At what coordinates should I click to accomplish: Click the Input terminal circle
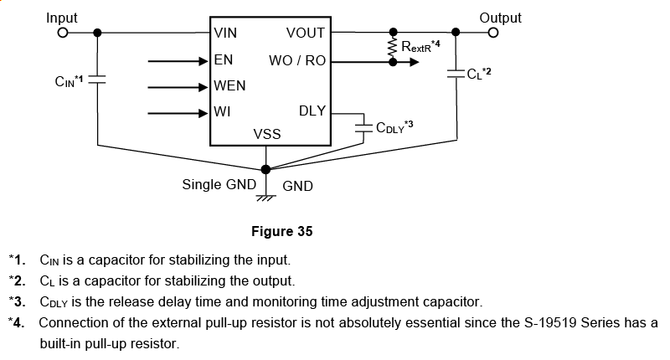(x=62, y=33)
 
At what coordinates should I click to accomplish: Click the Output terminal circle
(x=493, y=33)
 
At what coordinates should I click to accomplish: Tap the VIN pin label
(x=226, y=34)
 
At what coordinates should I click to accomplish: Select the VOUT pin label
(x=306, y=34)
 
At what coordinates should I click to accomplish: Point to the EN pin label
(x=224, y=60)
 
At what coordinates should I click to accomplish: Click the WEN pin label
(x=230, y=86)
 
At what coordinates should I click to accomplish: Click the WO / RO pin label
(x=297, y=61)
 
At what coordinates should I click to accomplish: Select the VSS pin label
(x=267, y=135)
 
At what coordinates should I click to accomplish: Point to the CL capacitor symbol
(x=456, y=72)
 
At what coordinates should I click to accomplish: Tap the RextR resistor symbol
(x=391, y=49)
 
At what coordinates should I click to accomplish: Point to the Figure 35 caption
(x=287, y=231)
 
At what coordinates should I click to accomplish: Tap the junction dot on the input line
(x=98, y=33)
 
